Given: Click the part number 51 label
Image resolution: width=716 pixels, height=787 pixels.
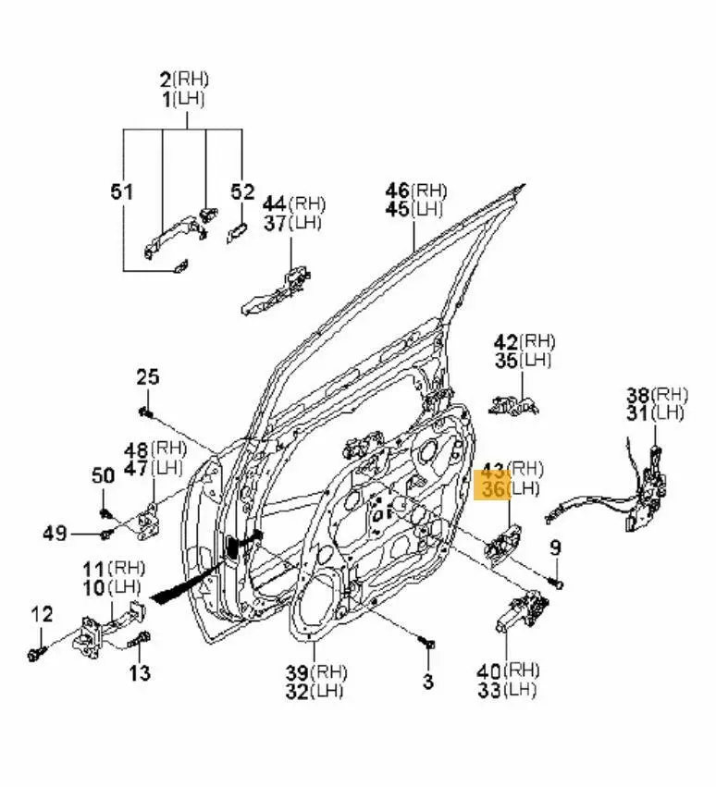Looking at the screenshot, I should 122,192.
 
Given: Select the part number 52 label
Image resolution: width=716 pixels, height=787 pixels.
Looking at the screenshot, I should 242,192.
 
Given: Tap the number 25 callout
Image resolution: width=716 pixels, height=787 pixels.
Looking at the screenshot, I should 148,377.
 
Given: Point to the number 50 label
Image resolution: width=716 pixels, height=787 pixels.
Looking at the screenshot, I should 103,475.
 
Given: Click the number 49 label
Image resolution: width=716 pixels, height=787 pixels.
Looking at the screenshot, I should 55,533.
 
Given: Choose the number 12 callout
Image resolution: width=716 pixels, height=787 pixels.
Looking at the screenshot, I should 43,613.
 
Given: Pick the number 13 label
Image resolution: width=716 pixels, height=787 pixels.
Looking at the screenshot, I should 139,673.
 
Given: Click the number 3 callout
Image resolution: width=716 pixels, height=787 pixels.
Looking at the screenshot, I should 427,682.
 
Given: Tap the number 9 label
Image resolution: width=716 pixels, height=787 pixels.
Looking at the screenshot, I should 555,548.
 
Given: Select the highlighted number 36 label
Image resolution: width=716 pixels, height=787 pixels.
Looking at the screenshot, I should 493,488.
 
